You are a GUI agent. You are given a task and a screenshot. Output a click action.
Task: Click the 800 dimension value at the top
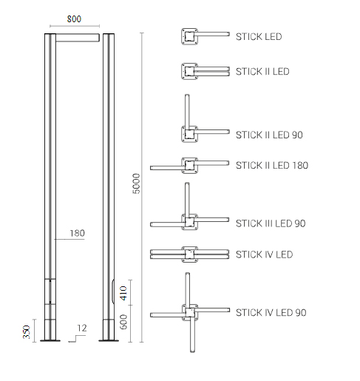74,19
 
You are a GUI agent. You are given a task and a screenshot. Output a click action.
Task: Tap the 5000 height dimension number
136,183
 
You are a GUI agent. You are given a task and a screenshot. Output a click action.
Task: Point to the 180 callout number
77,233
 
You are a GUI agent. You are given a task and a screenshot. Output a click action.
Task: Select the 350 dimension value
27,332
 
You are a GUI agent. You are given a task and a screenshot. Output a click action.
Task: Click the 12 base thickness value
82,328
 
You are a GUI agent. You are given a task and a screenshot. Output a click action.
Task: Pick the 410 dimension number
123,293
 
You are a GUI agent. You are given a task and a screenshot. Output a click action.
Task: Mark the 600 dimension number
123,322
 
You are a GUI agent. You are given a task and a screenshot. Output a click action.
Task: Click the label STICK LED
259,37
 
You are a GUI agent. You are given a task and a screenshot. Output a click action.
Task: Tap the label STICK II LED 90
269,135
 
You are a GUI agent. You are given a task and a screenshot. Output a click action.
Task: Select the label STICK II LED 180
272,165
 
